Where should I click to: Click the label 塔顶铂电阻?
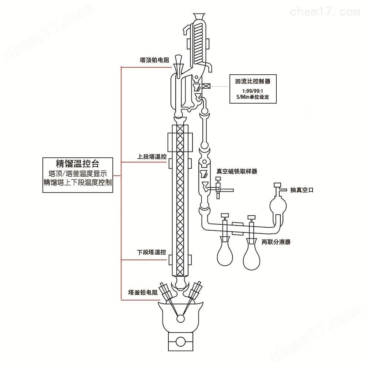[154, 60]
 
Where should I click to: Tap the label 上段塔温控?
[152, 156]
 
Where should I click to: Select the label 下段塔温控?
[151, 252]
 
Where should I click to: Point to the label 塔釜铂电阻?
[143, 292]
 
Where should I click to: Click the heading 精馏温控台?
[78, 163]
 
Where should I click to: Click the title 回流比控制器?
[253, 81]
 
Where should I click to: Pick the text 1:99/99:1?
[253, 91]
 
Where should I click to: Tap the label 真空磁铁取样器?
[237, 171]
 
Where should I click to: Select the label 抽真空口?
[302, 190]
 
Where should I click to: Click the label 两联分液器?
[276, 242]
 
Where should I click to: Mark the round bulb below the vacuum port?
[278, 205]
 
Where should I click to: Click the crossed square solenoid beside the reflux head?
[206, 86]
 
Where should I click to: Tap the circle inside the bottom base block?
[180, 341]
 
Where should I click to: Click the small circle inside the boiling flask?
[180, 318]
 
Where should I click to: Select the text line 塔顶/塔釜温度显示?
[78, 173]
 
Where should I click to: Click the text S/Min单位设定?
[253, 97]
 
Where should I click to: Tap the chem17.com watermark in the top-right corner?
[325, 11]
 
